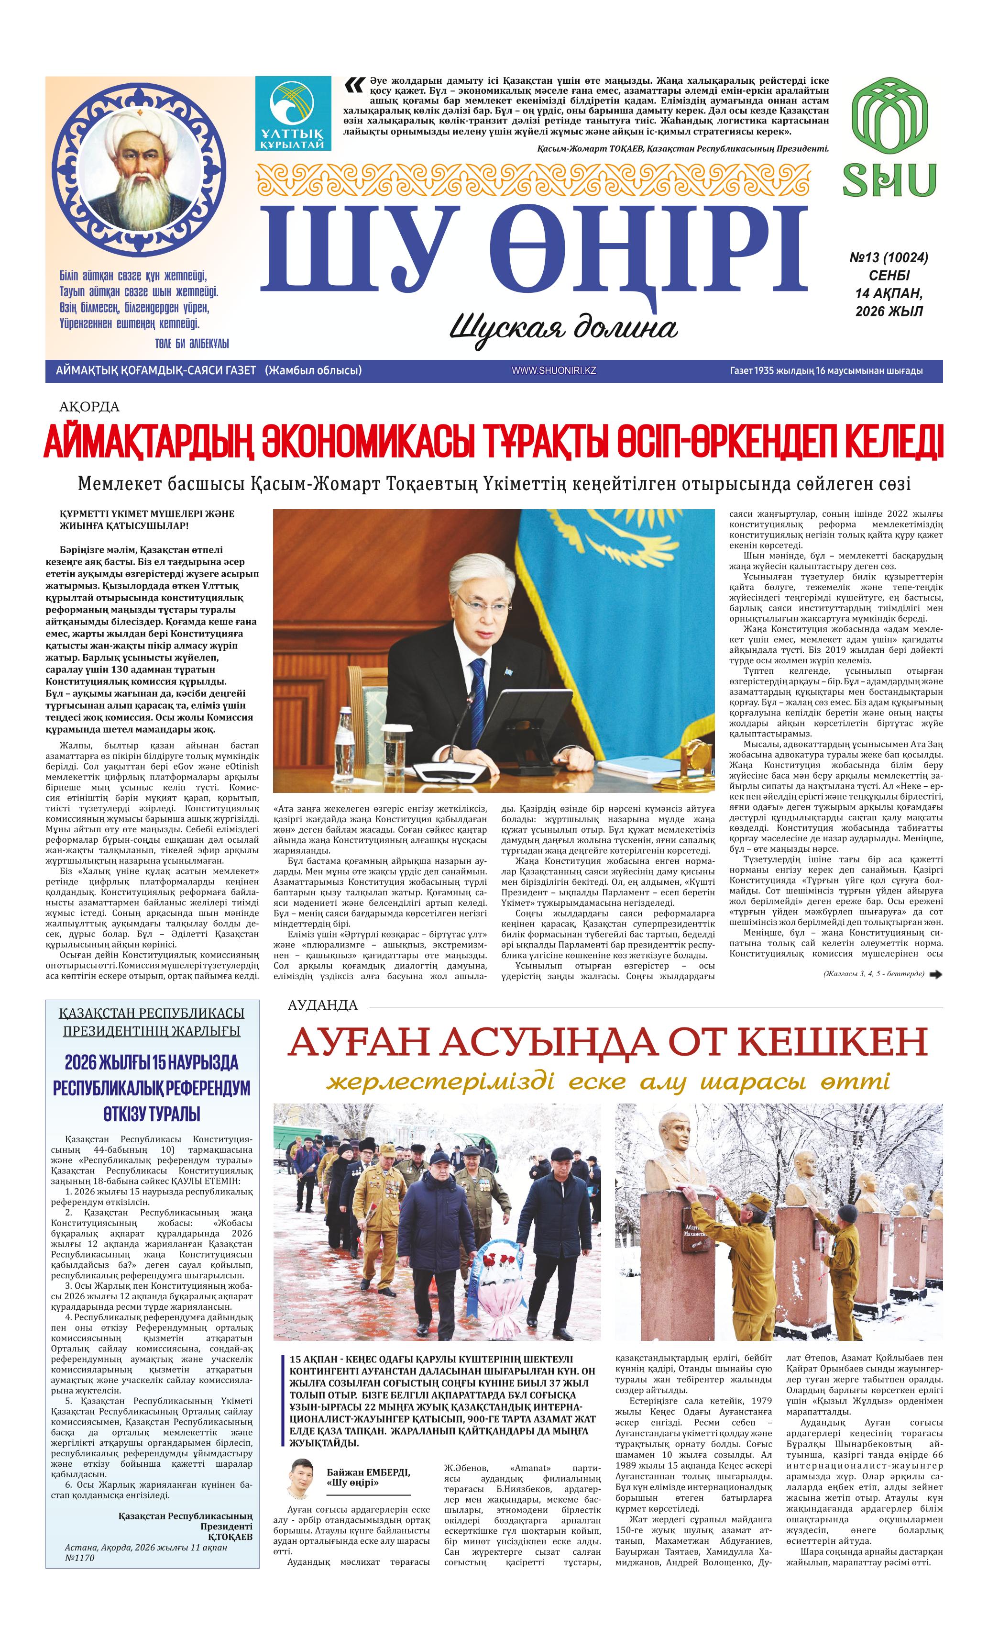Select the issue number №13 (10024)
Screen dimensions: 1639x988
[x=888, y=257]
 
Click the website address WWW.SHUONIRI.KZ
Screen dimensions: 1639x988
[x=553, y=370]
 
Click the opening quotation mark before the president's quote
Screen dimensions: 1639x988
[x=354, y=85]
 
